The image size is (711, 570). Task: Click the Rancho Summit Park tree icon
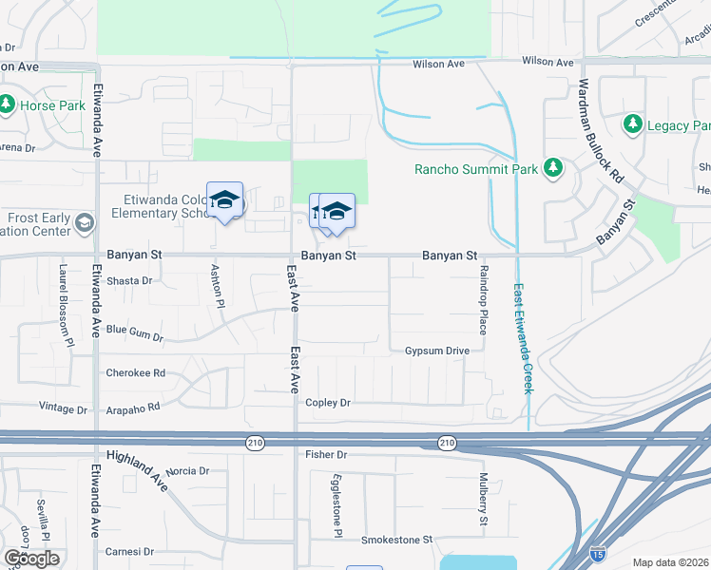pos(552,169)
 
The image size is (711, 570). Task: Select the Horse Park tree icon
pos(7,104)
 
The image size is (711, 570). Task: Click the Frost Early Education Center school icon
pos(83,223)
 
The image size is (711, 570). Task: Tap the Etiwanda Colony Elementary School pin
pos(224,199)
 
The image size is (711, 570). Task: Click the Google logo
pos(31,559)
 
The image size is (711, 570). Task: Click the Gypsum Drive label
pos(437,351)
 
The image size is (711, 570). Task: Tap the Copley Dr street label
pos(328,403)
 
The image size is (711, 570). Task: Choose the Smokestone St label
pos(396,540)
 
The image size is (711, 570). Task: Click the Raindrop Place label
pos(483,299)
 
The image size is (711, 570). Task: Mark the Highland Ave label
pos(137,472)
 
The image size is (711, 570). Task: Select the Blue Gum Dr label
pos(134,332)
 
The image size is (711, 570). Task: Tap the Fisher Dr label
pos(328,455)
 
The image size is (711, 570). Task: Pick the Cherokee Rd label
pos(135,372)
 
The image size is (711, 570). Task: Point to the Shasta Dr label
pos(129,280)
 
